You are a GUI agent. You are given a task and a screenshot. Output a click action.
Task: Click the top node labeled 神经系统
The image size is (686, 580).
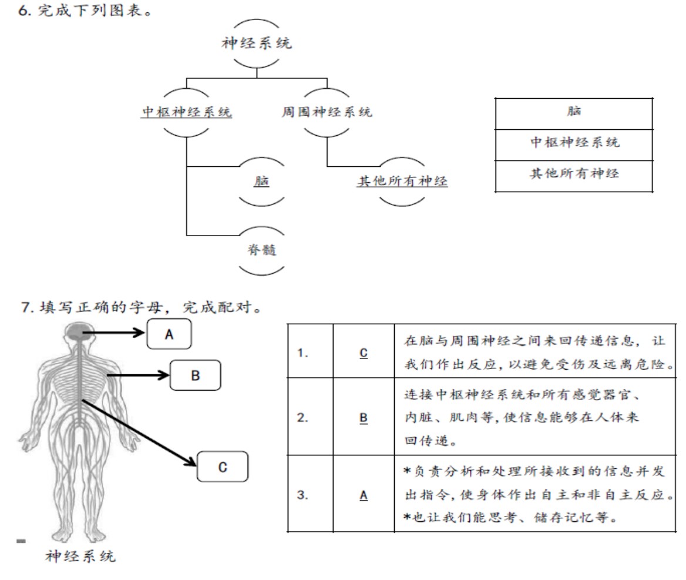point(257,43)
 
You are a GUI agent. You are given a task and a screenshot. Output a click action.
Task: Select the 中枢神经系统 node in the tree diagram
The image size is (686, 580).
point(187,112)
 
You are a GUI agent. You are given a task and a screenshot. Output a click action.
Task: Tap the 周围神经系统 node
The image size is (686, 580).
point(327,112)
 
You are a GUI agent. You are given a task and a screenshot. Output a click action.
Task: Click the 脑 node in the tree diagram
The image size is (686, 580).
point(261,181)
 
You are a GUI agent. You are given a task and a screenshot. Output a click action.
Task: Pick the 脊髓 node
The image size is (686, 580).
point(261,249)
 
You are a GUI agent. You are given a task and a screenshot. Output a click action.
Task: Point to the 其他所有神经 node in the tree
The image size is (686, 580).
point(402,181)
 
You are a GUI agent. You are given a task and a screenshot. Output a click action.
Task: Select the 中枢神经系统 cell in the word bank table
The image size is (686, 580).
point(573,143)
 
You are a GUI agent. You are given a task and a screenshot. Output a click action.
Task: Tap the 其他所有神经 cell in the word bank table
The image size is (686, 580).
point(573,174)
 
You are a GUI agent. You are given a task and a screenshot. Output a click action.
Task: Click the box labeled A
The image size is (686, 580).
point(170,334)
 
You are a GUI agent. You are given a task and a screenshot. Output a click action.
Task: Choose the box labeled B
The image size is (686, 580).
point(195,376)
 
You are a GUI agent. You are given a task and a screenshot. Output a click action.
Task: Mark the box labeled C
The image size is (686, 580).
point(222,467)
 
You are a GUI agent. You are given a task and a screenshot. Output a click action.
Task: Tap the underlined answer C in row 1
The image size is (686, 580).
point(364,353)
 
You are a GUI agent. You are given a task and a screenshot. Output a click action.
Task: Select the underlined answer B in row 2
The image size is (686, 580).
point(364,418)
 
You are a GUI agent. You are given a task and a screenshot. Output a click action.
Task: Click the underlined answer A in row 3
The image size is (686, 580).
point(364,495)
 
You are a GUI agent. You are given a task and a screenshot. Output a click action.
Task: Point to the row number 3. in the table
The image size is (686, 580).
point(302,495)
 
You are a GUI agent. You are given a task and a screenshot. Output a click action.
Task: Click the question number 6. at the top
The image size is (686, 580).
point(25,11)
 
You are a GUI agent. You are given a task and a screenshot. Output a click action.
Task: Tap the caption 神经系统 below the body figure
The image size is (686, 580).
point(81,556)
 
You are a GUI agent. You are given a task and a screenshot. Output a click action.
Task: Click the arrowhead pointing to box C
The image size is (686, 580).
point(191,464)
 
